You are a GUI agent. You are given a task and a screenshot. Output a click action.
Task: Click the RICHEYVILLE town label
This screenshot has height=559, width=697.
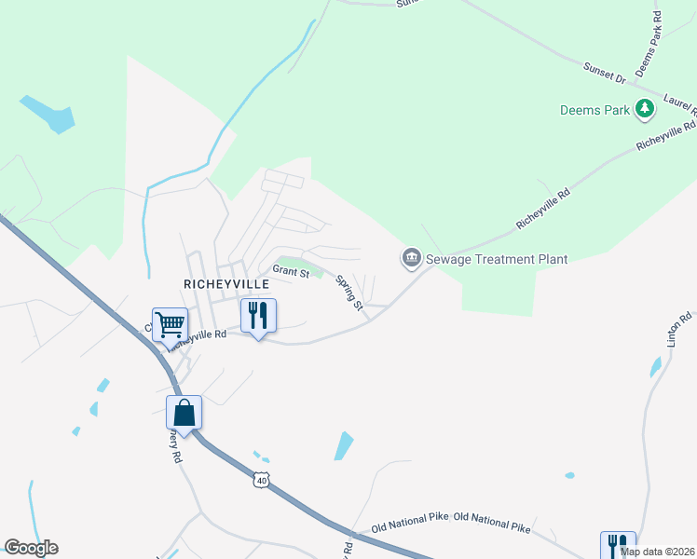226,282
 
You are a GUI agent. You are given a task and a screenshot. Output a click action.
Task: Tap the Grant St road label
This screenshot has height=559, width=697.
291,273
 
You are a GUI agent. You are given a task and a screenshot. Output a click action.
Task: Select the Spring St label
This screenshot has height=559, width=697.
348,293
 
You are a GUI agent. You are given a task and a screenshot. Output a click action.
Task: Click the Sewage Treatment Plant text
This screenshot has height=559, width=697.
497,259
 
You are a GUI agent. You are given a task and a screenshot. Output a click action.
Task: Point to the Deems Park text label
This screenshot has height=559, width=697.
595,110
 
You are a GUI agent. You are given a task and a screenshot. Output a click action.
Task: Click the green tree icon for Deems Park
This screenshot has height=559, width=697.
644,109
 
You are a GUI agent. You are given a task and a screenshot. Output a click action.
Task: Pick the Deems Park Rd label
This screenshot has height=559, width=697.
648,44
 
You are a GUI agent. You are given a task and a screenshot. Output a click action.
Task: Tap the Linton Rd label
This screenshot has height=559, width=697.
678,330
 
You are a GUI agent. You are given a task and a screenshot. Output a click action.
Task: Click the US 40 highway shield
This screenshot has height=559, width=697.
261,480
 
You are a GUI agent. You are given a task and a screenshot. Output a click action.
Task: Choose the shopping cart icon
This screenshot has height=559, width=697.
170,325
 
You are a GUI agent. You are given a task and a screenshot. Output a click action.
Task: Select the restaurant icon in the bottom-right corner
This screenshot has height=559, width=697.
618,545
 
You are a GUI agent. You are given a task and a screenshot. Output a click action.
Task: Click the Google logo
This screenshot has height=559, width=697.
31,548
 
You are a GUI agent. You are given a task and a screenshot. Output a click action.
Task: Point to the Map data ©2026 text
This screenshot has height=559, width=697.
658,552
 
